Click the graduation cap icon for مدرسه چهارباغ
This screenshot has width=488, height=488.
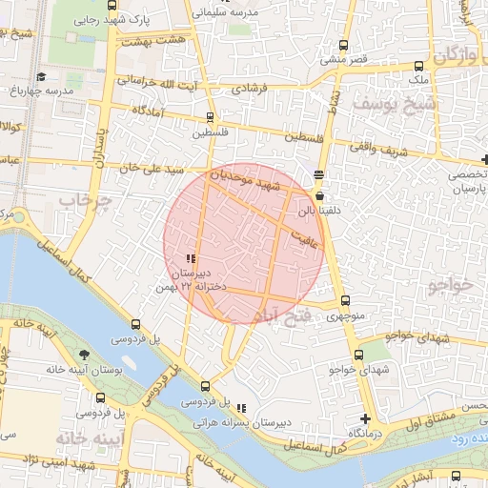(40, 77)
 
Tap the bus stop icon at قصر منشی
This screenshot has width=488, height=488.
(344, 45)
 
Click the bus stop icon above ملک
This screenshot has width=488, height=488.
(419, 66)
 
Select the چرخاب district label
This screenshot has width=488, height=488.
(85, 201)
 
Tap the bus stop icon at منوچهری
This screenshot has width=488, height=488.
(345, 304)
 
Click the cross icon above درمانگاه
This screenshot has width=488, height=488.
(364, 418)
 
